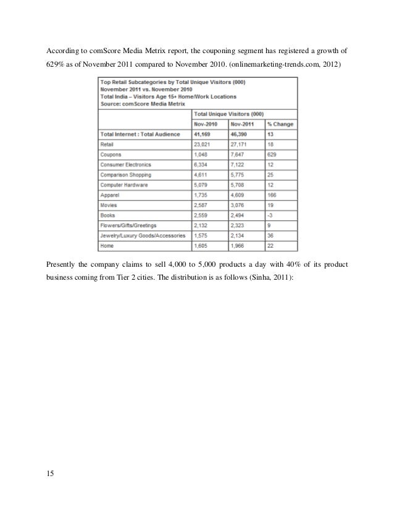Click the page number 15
point(50,474)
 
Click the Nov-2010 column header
point(207,123)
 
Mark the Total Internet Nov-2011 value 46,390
point(238,134)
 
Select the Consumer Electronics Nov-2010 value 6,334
point(203,165)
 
